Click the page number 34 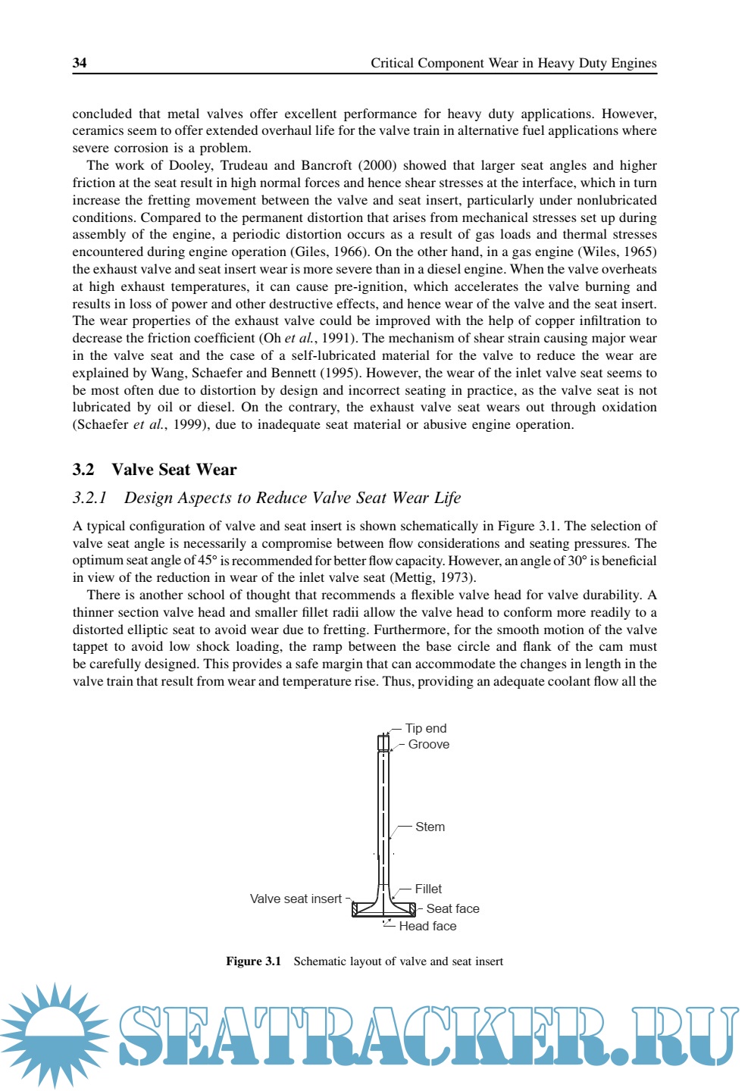(x=80, y=63)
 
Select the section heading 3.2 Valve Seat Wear (x=155, y=470)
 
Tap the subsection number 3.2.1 (x=89, y=498)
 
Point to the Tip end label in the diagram (x=426, y=728)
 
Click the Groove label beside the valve (x=429, y=744)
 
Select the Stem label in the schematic (x=430, y=827)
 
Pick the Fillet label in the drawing (x=428, y=889)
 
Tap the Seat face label (x=452, y=908)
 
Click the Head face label (x=427, y=926)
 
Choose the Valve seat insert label (x=296, y=899)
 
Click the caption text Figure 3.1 (x=253, y=961)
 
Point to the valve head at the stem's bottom (x=384, y=908)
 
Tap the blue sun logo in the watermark (x=55, y=1034)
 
